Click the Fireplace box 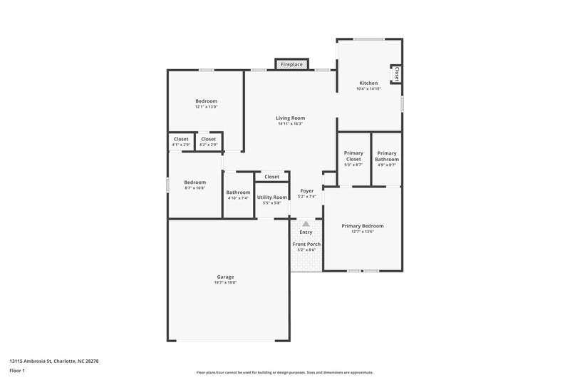point(291,65)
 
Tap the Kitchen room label point(368,83)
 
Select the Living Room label point(291,118)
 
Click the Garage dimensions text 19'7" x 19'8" point(225,283)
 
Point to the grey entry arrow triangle point(306,224)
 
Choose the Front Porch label point(306,244)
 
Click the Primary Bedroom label point(363,226)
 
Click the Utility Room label point(271,197)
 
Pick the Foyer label point(306,190)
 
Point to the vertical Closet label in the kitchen point(396,73)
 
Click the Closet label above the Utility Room point(271,176)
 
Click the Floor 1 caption point(17,371)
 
